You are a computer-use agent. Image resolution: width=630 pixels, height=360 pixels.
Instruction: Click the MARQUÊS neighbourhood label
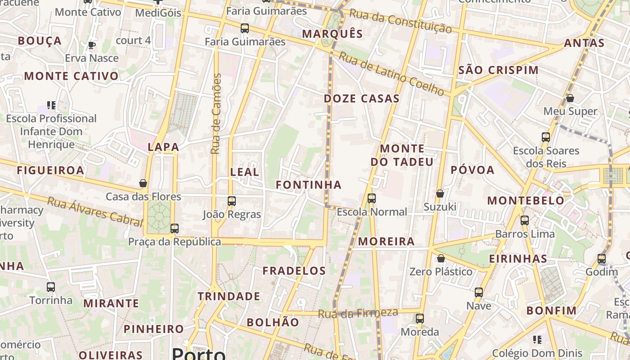click(332, 34)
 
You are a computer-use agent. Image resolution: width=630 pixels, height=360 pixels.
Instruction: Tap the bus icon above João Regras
click(232, 201)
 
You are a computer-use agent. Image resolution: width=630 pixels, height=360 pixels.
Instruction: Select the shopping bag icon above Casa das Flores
click(143, 183)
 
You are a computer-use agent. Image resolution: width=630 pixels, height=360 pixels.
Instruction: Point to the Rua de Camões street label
click(216, 114)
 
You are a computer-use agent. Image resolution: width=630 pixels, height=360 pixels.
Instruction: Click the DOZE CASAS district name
click(362, 99)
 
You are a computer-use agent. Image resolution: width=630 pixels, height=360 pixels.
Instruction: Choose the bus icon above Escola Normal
click(372, 198)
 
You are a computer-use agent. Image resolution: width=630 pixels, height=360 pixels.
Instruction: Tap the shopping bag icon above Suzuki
click(440, 193)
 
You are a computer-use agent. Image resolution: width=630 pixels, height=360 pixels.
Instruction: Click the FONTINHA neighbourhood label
click(309, 184)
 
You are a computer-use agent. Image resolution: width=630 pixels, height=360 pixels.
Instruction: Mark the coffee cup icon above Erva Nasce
click(92, 45)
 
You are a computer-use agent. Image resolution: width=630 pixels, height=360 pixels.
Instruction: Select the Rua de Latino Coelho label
click(391, 73)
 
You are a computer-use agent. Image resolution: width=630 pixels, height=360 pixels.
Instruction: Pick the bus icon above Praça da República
click(175, 228)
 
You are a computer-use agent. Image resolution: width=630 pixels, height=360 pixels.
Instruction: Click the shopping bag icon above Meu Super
click(570, 98)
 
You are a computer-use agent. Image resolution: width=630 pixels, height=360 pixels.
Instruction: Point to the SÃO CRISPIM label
click(498, 70)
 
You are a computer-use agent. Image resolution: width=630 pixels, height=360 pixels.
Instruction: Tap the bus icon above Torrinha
click(51, 287)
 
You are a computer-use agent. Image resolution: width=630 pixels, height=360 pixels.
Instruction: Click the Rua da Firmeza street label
click(358, 313)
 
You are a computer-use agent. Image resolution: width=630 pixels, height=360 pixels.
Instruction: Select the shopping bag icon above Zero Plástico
click(441, 258)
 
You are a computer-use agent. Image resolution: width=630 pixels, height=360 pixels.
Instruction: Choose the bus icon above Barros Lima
click(525, 220)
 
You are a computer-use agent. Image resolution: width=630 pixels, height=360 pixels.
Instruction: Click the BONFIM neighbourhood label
click(551, 310)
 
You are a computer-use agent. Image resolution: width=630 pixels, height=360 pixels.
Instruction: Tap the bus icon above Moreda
click(420, 319)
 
